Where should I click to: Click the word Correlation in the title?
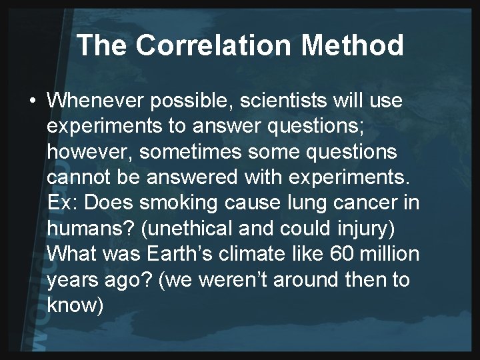[x=203, y=45]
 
